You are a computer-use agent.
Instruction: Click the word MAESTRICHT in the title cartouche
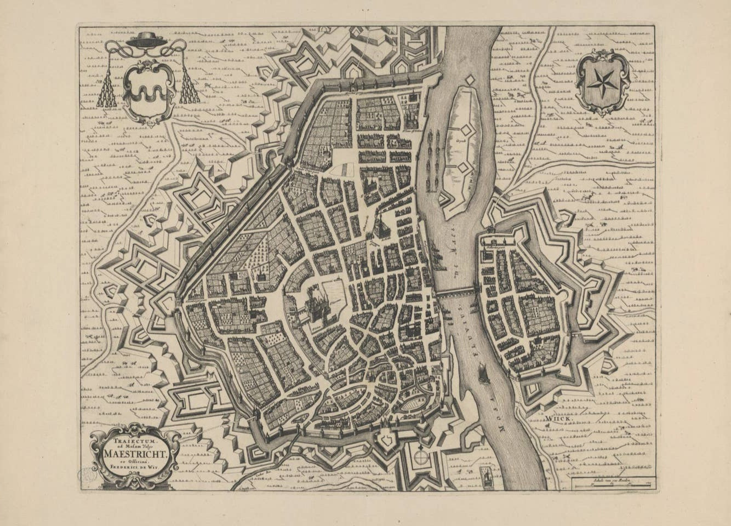[134, 453]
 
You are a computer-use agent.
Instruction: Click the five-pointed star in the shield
[602, 83]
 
